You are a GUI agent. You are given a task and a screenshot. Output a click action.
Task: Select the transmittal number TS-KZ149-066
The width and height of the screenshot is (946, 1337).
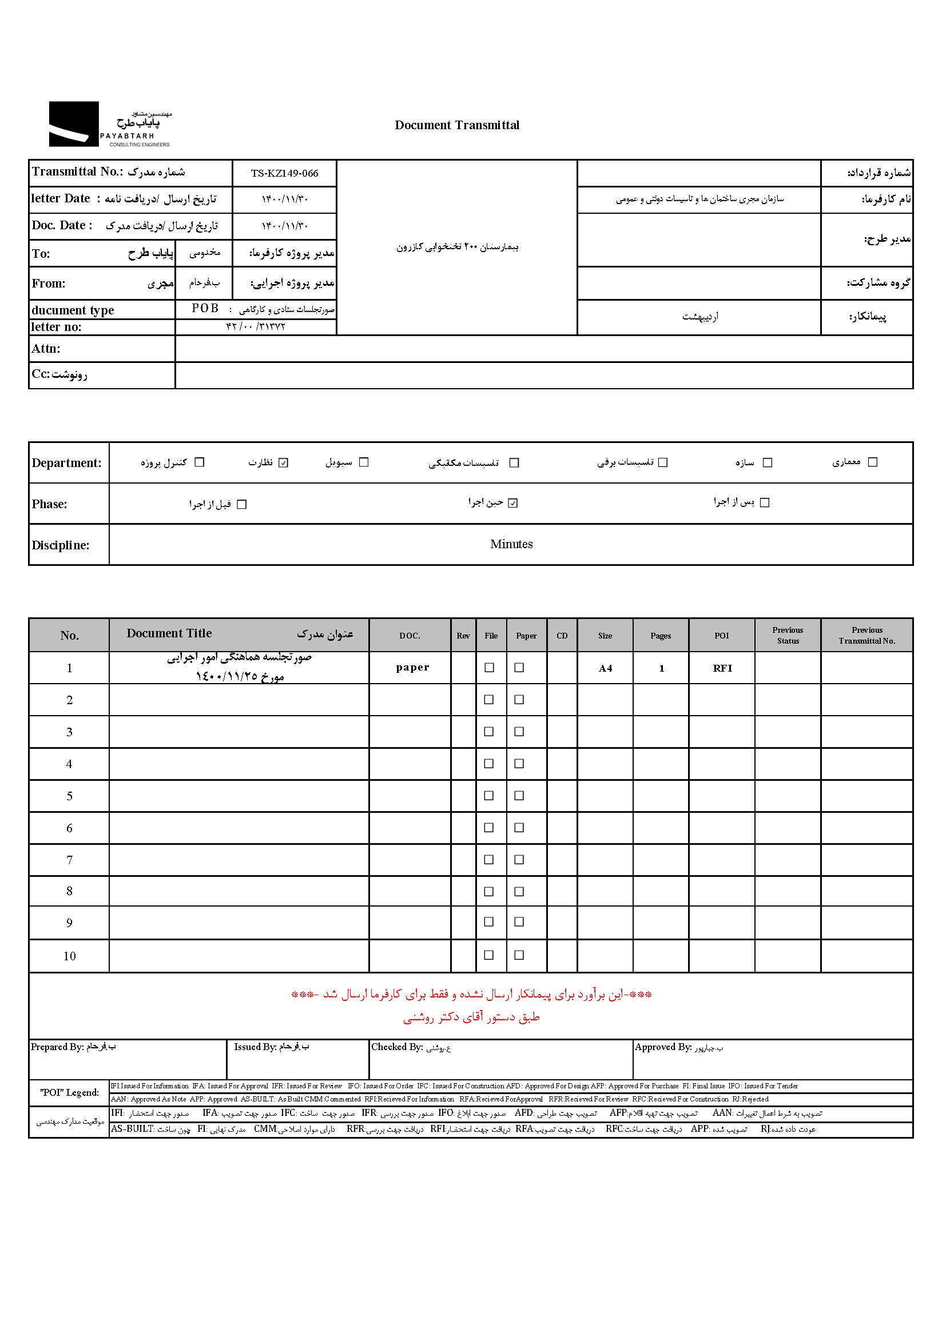pos(284,173)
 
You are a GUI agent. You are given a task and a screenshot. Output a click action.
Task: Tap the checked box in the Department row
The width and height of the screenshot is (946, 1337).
pos(284,463)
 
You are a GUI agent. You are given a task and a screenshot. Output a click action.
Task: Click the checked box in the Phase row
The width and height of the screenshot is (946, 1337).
pos(512,503)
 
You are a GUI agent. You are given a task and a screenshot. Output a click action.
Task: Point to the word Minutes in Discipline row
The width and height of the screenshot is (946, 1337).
pos(511,544)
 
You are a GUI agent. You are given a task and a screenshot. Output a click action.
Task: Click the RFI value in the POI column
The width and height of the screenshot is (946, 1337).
pos(722,668)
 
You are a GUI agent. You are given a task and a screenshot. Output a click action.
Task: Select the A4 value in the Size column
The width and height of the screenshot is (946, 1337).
pos(605,668)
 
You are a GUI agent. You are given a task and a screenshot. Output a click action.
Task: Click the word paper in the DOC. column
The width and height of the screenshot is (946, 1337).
pos(412,667)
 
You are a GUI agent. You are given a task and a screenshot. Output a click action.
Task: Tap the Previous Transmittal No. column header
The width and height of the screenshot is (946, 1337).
pos(866,635)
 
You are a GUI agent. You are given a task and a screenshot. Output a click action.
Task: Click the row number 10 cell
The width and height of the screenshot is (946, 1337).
pos(69,956)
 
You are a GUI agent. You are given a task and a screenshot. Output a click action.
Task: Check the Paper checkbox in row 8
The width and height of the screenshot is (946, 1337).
pos(519,892)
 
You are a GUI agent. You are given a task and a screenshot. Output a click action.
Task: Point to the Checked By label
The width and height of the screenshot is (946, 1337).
pos(397,1047)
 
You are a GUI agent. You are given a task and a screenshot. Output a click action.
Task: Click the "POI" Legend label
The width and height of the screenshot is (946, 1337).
pos(69,1092)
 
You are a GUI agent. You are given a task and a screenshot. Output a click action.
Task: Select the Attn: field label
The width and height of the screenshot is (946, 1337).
pos(46,349)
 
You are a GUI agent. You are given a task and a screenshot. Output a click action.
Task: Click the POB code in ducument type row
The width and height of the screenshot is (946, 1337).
pos(205,308)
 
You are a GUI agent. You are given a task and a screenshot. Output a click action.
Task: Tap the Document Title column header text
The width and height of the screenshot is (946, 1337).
pos(169,633)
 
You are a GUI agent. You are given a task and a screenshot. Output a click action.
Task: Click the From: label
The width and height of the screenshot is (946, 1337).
pos(49,284)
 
